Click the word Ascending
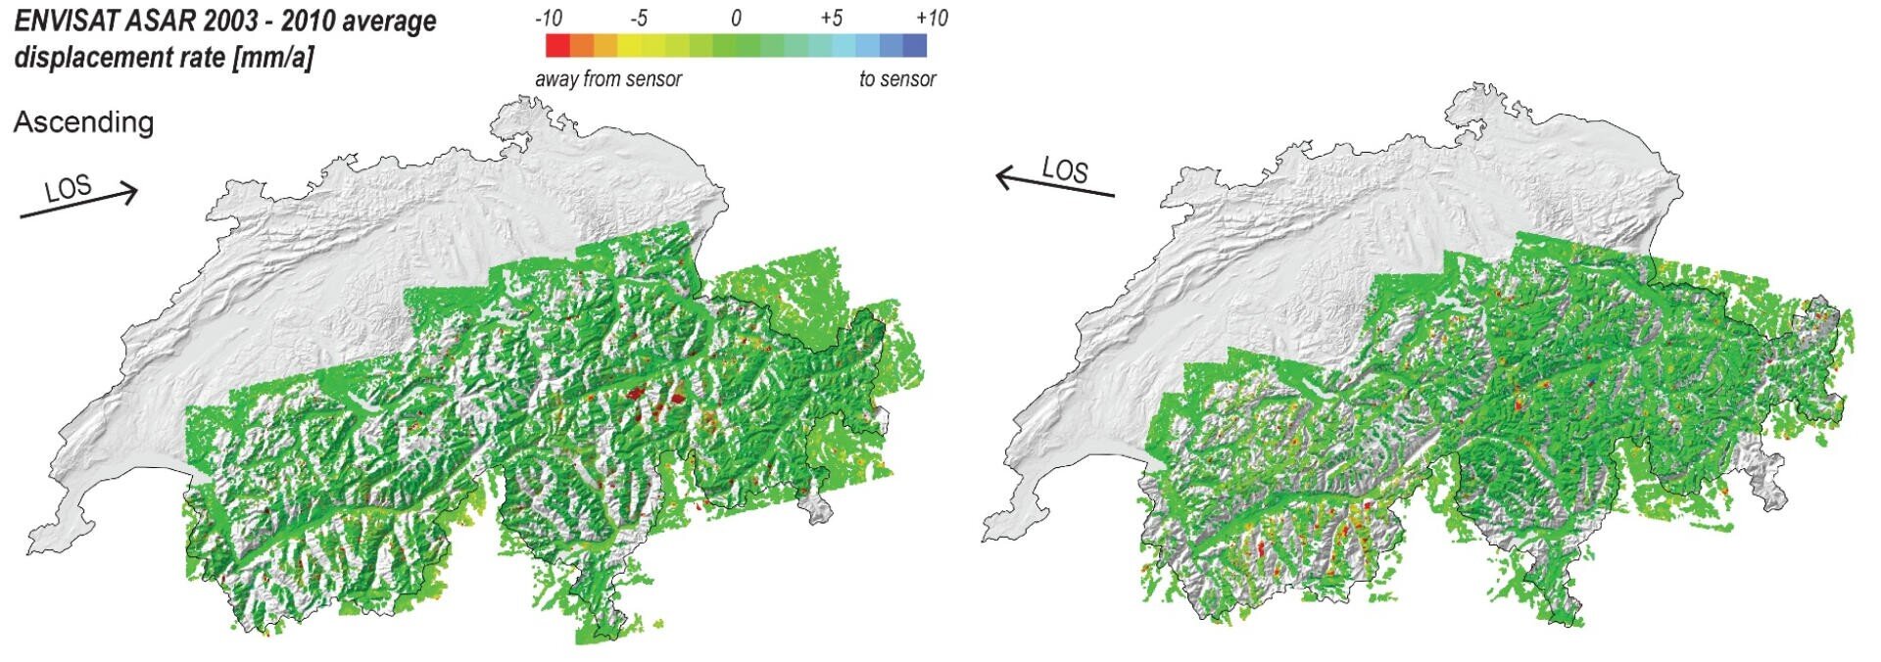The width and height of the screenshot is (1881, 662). coord(83,122)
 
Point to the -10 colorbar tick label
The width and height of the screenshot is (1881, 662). coord(549,19)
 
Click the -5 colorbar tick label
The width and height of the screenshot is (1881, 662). coord(638,19)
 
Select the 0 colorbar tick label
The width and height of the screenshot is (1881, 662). coord(736,19)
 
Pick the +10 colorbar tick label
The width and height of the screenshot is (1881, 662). coord(931,19)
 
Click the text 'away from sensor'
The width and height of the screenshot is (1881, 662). coord(607,79)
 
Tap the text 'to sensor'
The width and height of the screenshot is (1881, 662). coord(897,79)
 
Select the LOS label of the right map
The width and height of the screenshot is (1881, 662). coord(1065,170)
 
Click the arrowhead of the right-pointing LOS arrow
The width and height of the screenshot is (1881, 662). coord(131,192)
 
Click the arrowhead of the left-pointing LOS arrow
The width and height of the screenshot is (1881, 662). coord(1003,177)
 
